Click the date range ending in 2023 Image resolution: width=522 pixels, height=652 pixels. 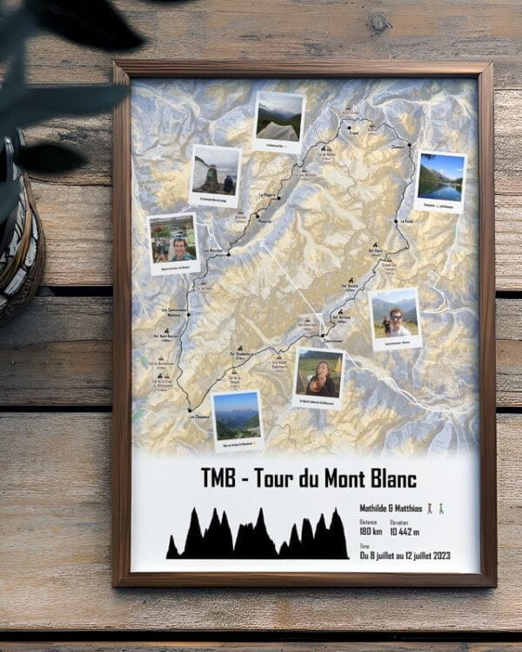(x=406, y=555)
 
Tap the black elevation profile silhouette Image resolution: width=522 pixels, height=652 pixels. (x=258, y=536)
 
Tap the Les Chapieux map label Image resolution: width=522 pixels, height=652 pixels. (x=200, y=416)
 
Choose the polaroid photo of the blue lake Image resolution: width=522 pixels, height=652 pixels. (x=439, y=181)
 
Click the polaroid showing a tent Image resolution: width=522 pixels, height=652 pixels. (x=279, y=120)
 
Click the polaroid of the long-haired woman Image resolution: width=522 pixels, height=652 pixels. (x=318, y=376)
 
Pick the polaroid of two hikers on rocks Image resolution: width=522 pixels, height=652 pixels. (x=215, y=174)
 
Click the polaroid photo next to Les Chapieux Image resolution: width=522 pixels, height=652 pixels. (x=237, y=418)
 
